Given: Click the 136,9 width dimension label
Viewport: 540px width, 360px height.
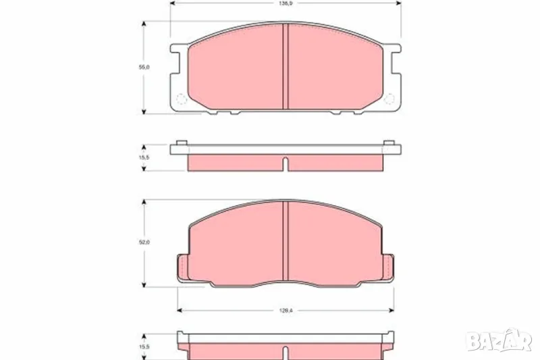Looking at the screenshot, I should tap(286, 3).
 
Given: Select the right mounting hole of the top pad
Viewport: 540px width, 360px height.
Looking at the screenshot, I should tap(389, 101).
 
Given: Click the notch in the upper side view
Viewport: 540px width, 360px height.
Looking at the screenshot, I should tap(286, 164).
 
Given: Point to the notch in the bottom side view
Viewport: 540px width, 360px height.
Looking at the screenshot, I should tap(286, 353).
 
